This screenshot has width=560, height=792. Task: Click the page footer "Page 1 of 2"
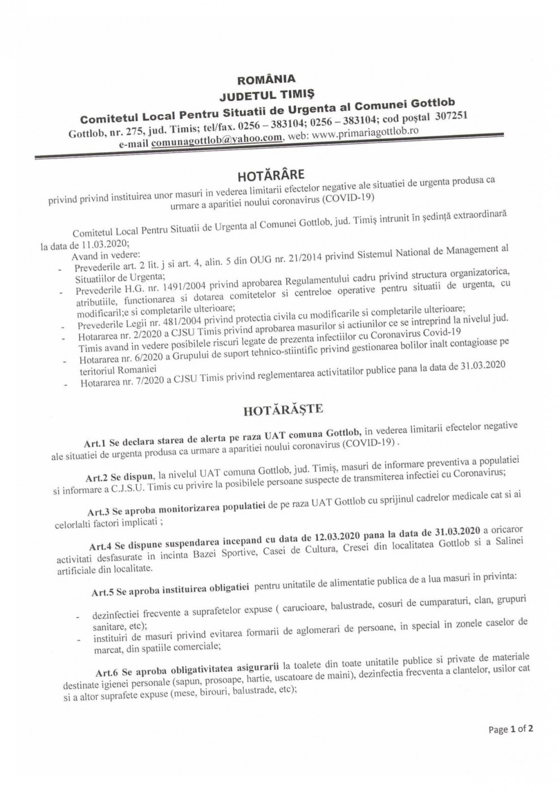(510, 730)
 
